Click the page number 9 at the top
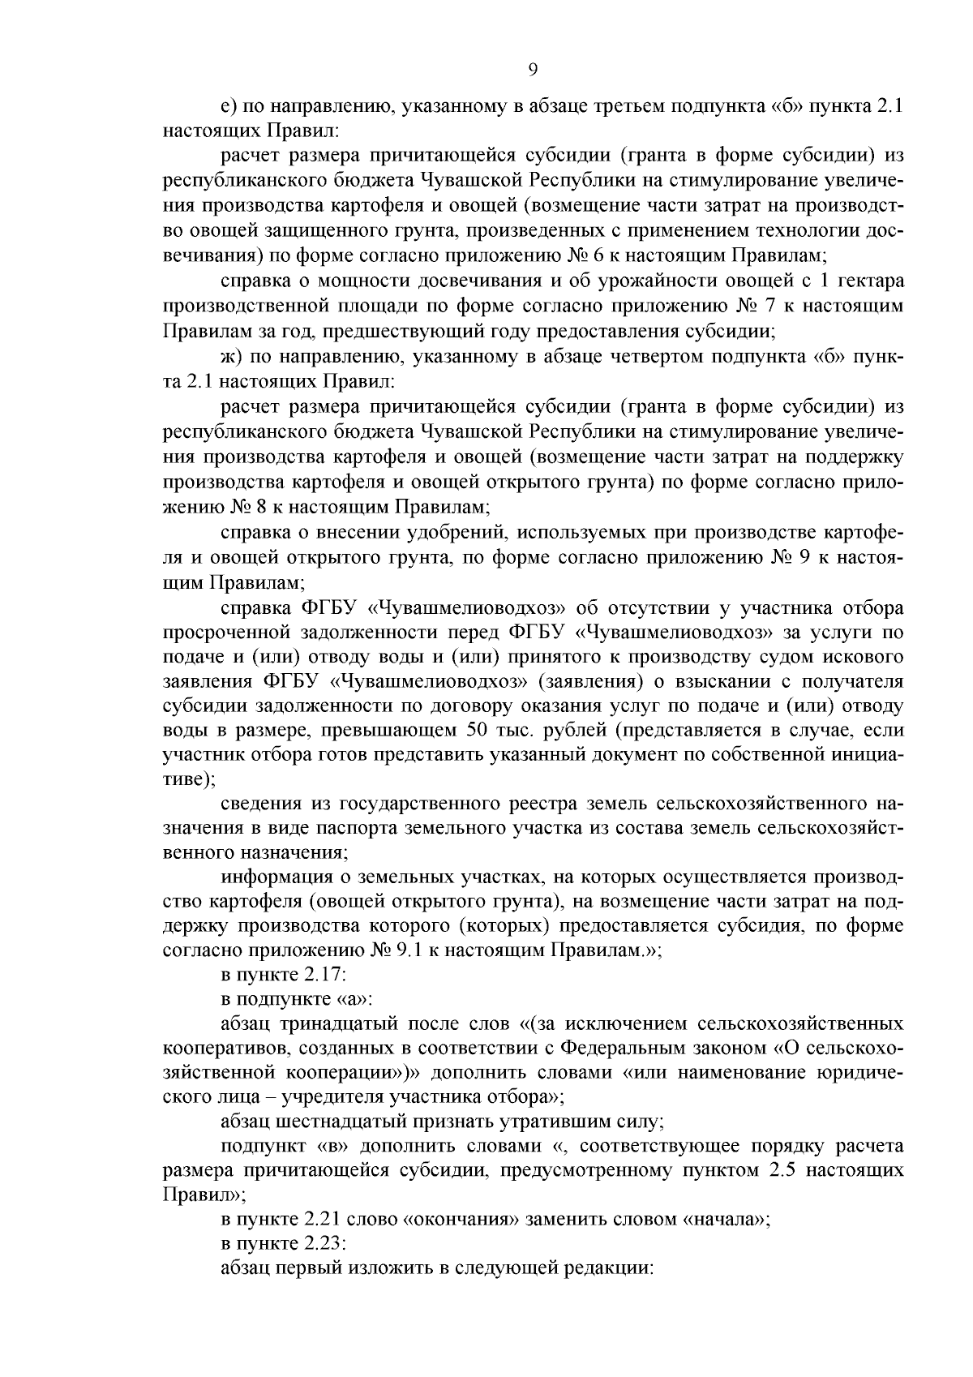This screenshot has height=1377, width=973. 532,71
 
